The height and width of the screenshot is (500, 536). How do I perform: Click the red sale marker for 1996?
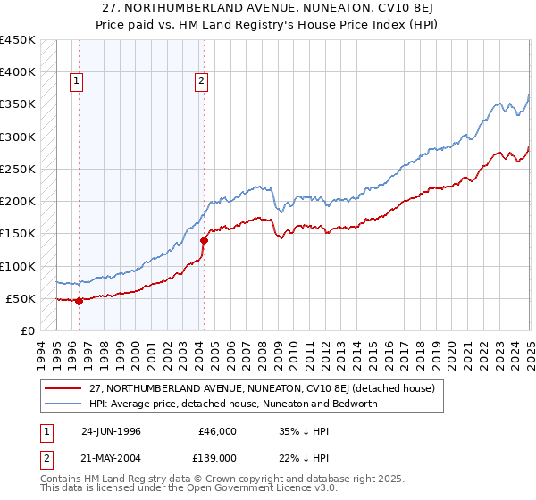(80, 301)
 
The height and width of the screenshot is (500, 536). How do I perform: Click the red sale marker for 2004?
(204, 240)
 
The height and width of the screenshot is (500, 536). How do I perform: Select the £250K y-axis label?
(17, 169)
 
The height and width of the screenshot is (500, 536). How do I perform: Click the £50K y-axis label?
(21, 298)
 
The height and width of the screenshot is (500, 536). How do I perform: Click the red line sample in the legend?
(63, 388)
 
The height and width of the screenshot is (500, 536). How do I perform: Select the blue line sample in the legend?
(63, 404)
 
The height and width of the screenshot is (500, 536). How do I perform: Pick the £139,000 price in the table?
(216, 457)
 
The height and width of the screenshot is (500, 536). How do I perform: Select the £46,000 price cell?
(216, 431)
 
